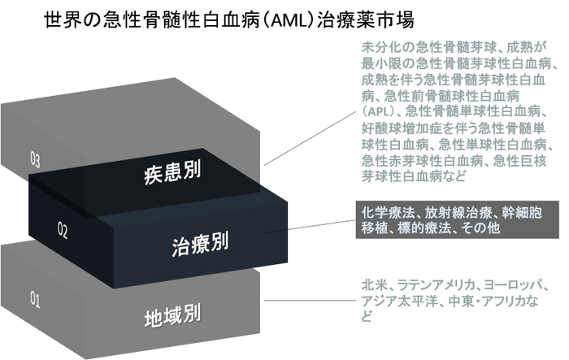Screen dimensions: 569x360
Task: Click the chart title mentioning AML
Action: click(229, 20)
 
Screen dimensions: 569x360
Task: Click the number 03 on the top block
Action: click(35, 159)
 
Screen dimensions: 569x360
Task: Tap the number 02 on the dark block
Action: click(63, 230)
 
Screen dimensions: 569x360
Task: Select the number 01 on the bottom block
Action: click(35, 300)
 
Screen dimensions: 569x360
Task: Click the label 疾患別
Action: click(172, 173)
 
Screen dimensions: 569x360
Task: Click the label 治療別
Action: click(200, 244)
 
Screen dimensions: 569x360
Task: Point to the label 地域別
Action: click(172, 316)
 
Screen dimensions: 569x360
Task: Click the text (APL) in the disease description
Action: click(378, 111)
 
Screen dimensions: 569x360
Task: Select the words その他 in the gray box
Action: click(482, 228)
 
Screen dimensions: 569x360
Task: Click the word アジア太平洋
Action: click(396, 301)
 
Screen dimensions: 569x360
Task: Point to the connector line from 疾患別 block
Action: click(310, 138)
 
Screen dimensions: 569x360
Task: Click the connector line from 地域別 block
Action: click(310, 301)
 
